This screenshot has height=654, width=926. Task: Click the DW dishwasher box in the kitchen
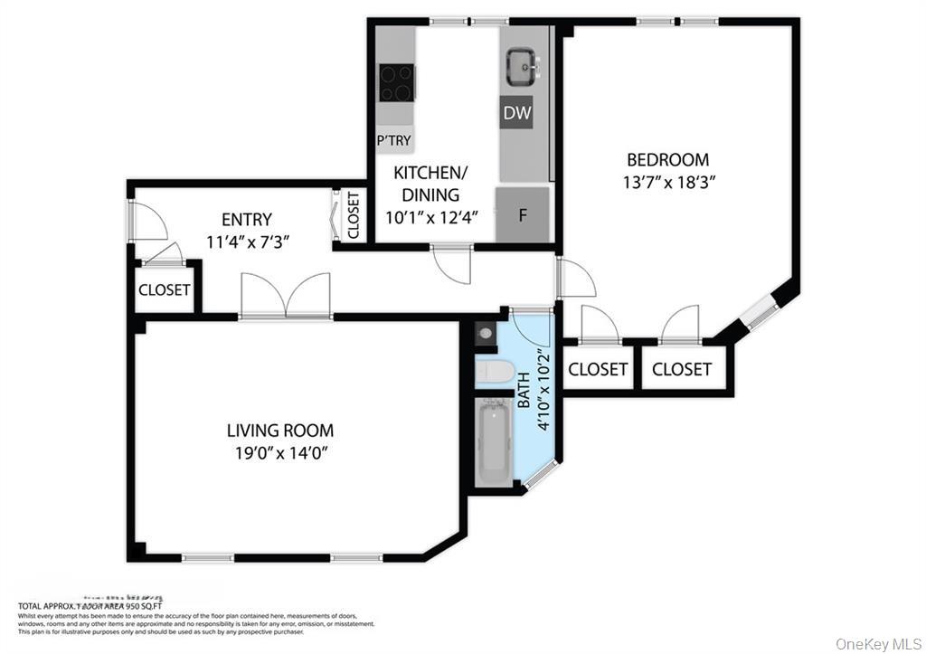pos(516,114)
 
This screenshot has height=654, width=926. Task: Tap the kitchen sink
pos(522,66)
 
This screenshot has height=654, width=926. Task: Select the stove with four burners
pos(395,82)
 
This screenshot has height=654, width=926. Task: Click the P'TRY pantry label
pos(394,140)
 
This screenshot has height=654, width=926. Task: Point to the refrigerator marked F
pos(522,215)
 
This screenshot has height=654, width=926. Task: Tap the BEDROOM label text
pos(667,160)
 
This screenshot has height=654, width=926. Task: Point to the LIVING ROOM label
pos(279,431)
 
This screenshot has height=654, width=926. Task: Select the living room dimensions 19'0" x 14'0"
pos(279,452)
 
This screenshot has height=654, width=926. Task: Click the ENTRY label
pos(246,219)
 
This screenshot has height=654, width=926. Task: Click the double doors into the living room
pos(285,296)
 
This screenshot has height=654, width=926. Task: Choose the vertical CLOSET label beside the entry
pos(353,215)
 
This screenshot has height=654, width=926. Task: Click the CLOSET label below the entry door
pos(164,290)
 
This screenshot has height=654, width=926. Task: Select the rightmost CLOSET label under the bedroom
pos(681,369)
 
